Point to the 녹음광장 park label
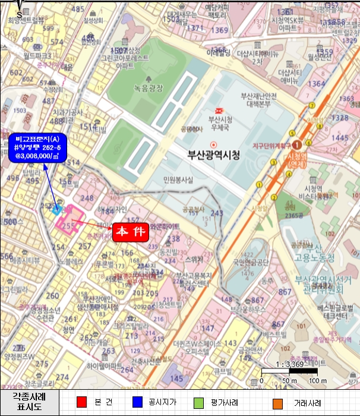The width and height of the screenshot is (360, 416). [148, 88]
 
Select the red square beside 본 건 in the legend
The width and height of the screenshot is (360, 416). [83, 402]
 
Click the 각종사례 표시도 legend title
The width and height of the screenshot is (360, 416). [29, 402]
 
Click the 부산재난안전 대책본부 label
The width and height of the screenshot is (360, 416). [258, 99]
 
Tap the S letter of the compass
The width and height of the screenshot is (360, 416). [20, 12]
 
